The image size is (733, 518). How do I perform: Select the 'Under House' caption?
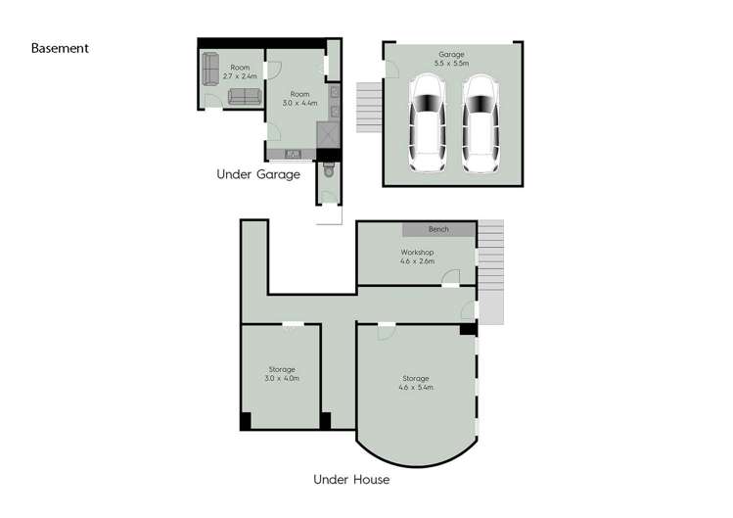[x=351, y=480]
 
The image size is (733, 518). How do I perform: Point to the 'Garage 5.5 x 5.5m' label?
[x=451, y=59]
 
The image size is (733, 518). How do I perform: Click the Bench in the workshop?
[x=439, y=229]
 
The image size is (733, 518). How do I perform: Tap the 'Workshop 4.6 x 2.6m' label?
[x=417, y=257]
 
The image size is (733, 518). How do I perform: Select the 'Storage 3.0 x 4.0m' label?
[x=281, y=373]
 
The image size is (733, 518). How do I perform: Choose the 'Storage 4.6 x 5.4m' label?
[x=416, y=382]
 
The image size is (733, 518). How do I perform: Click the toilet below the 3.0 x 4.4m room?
[x=328, y=171]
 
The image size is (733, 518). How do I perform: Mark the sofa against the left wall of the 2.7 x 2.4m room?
[x=208, y=69]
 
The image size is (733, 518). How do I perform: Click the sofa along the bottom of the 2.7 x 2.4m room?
[x=242, y=97]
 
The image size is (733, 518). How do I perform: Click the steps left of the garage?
[x=368, y=99]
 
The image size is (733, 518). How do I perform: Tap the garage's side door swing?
[x=391, y=69]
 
